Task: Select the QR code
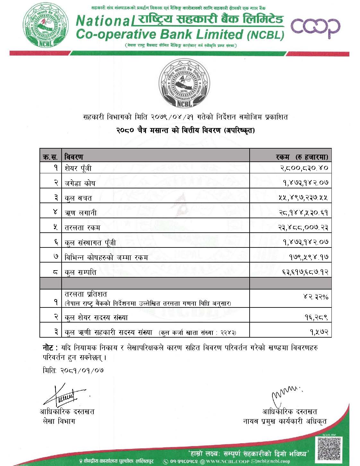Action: tap(331, 449)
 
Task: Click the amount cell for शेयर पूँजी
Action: tap(303, 168)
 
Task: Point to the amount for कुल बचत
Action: tap(303, 198)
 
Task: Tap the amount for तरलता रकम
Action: tap(303, 228)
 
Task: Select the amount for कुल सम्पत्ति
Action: tap(303, 272)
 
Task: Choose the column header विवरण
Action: tap(74, 157)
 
